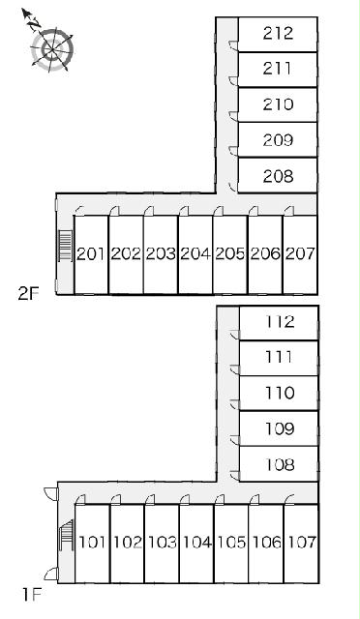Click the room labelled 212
pyautogui.click(x=278, y=34)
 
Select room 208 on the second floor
pyautogui.click(x=278, y=176)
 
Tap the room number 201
pyautogui.click(x=91, y=254)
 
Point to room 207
pyautogui.click(x=300, y=254)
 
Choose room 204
pyautogui.click(x=195, y=254)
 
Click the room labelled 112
pyautogui.click(x=279, y=322)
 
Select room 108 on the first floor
pyautogui.click(x=279, y=464)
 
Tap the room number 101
pyautogui.click(x=93, y=543)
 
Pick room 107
pyautogui.click(x=301, y=544)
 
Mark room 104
pyautogui.click(x=196, y=544)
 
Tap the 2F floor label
pyautogui.click(x=29, y=293)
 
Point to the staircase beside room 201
pyautogui.click(x=65, y=246)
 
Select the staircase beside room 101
pyautogui.click(x=67, y=535)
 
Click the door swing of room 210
pyautogui.click(x=233, y=116)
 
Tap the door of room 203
pyautogui.click(x=149, y=211)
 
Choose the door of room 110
pyautogui.click(x=235, y=404)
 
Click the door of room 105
pyautogui.click(x=220, y=499)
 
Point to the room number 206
pyautogui.click(x=265, y=254)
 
